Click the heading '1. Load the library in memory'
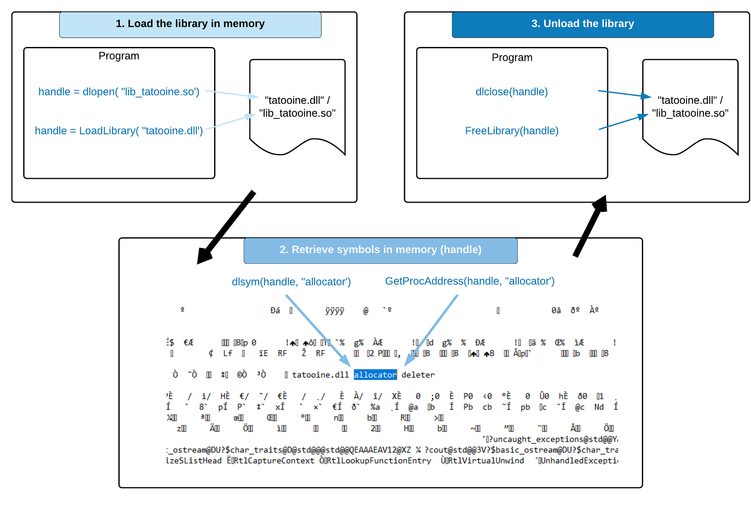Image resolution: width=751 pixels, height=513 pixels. pos(190,24)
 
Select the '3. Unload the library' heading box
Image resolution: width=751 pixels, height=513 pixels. pos(582,24)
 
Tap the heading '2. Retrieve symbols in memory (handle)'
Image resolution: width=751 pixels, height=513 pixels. pos(380,250)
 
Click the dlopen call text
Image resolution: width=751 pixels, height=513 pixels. pos(118,92)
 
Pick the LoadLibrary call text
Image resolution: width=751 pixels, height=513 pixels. pos(118,131)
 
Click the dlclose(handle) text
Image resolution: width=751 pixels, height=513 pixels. pos(512,92)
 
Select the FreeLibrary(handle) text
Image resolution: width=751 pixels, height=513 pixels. pos(512,131)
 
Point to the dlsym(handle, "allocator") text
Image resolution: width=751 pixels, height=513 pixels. pos(291,282)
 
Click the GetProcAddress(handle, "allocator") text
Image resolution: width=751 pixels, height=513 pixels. pos(469,281)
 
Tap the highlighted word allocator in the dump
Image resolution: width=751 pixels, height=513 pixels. pos(375,375)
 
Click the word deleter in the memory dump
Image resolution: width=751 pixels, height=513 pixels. pos(418,375)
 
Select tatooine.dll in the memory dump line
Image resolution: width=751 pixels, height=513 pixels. pos(320,375)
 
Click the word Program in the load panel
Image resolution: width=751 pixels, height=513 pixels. pos(118,56)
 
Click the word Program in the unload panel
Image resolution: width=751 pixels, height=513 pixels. pos(512,58)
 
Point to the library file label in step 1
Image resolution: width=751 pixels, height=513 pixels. pos(297,107)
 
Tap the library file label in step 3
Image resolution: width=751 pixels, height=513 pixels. pos(690,107)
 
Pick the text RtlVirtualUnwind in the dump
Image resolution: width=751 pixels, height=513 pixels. pos(485,461)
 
